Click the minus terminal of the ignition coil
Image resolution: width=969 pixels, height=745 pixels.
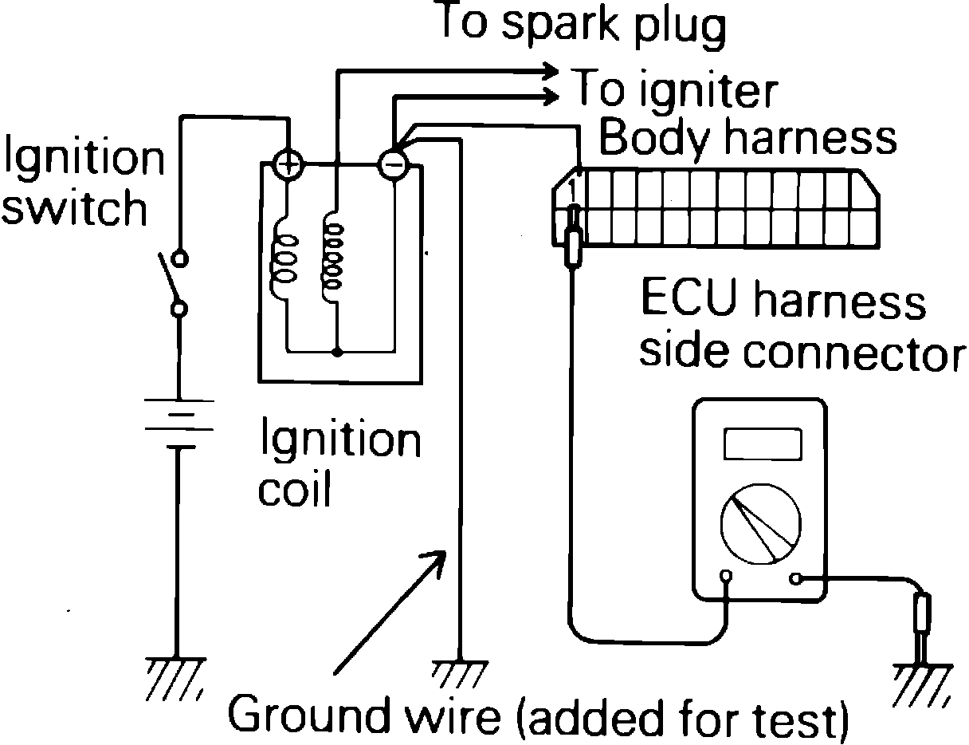pos(392,164)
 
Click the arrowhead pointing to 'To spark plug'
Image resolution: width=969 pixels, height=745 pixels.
pos(548,70)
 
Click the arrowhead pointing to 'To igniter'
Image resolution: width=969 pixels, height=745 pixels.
pos(548,96)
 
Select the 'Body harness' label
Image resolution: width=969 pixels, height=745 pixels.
pos(747,137)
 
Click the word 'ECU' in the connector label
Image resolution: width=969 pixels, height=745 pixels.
pos(690,304)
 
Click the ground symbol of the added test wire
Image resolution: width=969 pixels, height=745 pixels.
pos(459,674)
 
